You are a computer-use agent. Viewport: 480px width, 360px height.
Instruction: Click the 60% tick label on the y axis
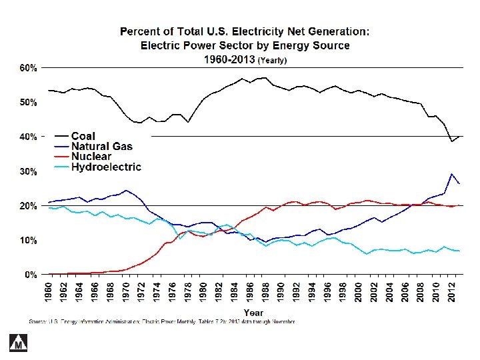click(x=27, y=68)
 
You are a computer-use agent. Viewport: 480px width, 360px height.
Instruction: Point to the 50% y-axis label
click(x=27, y=102)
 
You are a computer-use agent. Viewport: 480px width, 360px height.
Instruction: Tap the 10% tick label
click(x=27, y=240)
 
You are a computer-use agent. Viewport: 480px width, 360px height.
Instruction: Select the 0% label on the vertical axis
click(x=29, y=274)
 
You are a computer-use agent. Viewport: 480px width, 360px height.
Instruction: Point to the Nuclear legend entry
click(x=91, y=157)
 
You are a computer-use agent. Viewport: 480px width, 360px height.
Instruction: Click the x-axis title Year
click(x=253, y=312)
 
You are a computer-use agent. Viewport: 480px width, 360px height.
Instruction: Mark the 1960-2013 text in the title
click(x=229, y=59)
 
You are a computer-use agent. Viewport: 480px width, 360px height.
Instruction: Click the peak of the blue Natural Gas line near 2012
click(x=451, y=174)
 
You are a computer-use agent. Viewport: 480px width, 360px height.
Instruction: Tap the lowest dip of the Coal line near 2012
click(x=451, y=141)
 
